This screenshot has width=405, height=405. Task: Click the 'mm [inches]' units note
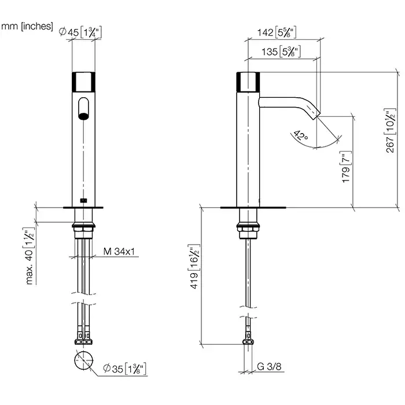27,27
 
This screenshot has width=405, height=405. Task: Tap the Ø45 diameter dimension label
80,32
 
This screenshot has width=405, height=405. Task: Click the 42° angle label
301,135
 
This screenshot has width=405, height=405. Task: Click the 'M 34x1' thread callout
119,251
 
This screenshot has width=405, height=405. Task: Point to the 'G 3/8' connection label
269,366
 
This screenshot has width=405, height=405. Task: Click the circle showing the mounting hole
84,360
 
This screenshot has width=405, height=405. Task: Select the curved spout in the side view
289,106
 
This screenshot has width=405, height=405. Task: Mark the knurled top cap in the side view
248,82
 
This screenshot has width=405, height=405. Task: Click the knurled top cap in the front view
83,82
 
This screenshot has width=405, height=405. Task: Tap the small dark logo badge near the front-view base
83,200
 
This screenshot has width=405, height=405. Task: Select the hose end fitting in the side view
248,341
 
